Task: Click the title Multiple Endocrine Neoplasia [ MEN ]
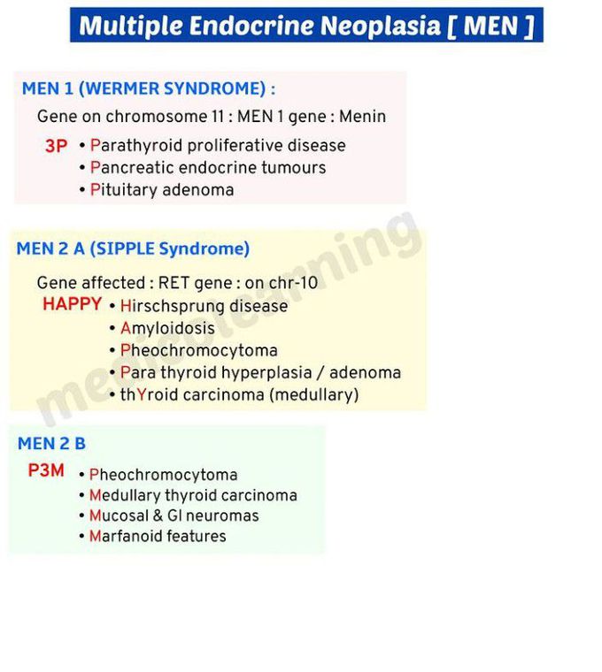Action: [306, 26]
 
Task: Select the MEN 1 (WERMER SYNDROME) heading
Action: [148, 88]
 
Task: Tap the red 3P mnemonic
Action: [56, 147]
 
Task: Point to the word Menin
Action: [363, 116]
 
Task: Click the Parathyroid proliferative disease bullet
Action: [218, 145]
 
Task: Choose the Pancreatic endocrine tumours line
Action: [208, 167]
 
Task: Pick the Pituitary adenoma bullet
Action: [162, 189]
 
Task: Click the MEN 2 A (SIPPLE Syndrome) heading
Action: [133, 248]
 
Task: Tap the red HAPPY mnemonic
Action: [72, 304]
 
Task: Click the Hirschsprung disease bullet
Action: [204, 306]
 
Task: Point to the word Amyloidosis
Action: [167, 328]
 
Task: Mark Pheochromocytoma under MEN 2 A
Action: [198, 350]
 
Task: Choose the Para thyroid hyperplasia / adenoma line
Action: [260, 372]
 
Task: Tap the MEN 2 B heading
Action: [52, 444]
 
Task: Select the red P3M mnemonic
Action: [46, 470]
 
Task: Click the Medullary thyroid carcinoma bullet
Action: [193, 495]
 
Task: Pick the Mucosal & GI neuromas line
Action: [174, 515]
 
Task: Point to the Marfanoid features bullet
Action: [158, 536]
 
